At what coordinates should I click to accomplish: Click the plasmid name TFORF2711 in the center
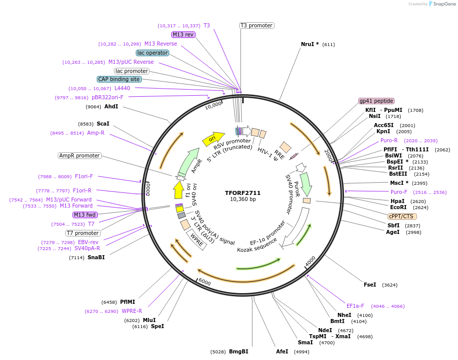click(x=243, y=193)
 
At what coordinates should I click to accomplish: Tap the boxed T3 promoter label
click(x=256, y=25)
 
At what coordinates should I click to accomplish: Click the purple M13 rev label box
click(x=183, y=34)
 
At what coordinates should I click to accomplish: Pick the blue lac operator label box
click(x=152, y=53)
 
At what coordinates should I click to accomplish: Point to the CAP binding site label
click(x=119, y=79)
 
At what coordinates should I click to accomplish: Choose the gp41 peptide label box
click(x=376, y=101)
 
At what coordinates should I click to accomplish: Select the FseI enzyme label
click(x=370, y=285)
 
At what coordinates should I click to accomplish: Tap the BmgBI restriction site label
click(x=239, y=351)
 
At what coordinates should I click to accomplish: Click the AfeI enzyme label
click(x=282, y=351)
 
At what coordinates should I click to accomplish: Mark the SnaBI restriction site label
click(x=96, y=258)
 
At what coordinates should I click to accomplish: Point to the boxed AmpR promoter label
click(x=80, y=155)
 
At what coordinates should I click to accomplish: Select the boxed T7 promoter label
click(x=83, y=233)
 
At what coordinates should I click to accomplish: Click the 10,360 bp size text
click(x=243, y=199)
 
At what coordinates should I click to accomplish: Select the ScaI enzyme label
click(x=103, y=124)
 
